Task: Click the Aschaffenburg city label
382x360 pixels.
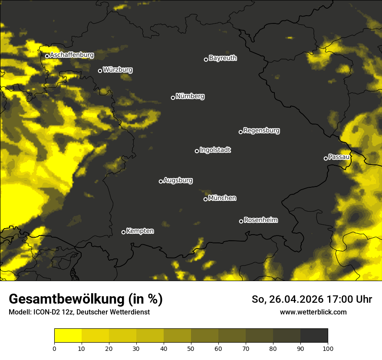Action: pos(72,55)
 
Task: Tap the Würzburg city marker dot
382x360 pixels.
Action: pos(100,71)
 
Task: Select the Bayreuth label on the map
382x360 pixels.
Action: pos(223,58)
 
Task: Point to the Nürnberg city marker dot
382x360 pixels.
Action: pos(173,98)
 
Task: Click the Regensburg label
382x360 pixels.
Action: pos(261,130)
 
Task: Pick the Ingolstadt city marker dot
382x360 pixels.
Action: pos(197,151)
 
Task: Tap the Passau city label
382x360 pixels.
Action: pos(339,157)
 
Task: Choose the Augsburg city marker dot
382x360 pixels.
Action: pos(161,181)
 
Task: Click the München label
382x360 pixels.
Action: pos(222,198)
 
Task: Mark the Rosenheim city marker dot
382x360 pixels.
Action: pos(241,221)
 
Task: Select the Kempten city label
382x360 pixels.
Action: pos(140,231)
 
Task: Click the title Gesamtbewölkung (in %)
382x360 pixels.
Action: pos(86,299)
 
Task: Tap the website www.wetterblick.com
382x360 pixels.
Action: pos(313,312)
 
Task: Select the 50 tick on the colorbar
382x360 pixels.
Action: pos(191,348)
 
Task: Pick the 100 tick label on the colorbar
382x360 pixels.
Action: pos(328,348)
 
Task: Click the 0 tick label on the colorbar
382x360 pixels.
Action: pos(54,348)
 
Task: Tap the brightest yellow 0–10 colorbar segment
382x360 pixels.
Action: pos(68,336)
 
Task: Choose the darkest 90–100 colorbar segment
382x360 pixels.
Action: pos(314,336)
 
